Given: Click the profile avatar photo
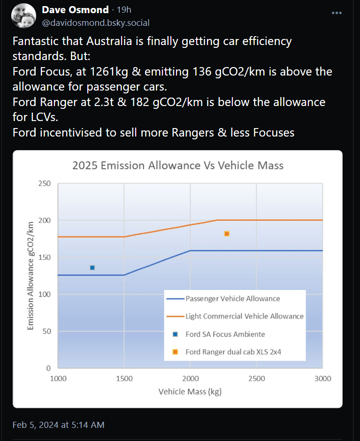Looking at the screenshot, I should point(23,16).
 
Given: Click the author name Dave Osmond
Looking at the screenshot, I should point(75,10).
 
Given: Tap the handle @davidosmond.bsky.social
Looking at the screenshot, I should point(96,23).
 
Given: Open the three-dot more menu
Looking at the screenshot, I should point(337,13).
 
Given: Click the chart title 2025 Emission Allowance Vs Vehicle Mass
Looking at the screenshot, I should point(177,166).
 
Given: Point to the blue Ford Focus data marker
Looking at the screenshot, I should point(92,268).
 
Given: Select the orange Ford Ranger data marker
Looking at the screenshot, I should point(227,234).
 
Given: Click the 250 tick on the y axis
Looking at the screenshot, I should point(45,183).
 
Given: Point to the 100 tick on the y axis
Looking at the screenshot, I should point(45,295).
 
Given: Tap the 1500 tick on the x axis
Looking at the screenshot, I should point(124,379).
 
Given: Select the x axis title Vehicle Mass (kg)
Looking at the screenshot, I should point(190,392).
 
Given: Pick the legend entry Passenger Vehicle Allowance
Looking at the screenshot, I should point(232,299).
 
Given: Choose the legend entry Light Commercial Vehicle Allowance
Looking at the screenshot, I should point(244,317).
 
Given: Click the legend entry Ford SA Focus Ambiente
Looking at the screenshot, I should point(225,335).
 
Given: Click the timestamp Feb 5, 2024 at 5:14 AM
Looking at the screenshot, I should point(59,425).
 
